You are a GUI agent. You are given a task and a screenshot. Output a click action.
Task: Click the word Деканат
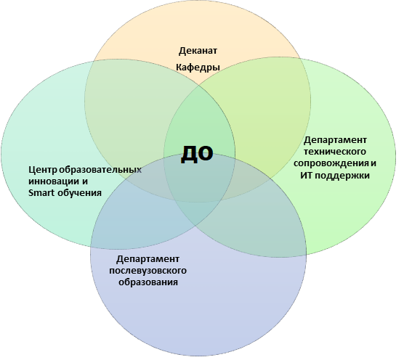click(x=198, y=52)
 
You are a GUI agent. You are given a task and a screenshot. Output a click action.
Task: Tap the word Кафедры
click(x=198, y=67)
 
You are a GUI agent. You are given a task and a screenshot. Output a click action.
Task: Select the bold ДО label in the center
click(x=197, y=154)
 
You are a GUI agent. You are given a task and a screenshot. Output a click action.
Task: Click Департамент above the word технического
click(x=335, y=141)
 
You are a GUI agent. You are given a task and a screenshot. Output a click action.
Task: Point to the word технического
click(x=335, y=151)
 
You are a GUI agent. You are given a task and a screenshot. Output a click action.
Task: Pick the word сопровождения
click(x=331, y=163)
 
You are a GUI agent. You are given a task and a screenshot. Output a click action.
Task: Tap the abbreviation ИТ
click(x=306, y=176)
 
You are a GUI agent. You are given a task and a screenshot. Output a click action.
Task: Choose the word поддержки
click(x=342, y=176)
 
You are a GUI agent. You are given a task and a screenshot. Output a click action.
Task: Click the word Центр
click(x=43, y=170)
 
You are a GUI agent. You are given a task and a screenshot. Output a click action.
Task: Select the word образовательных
click(x=100, y=170)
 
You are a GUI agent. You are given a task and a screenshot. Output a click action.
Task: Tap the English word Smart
click(x=41, y=193)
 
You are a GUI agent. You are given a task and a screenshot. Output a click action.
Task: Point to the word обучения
click(x=79, y=193)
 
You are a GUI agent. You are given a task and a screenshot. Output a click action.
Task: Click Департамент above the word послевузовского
click(x=148, y=259)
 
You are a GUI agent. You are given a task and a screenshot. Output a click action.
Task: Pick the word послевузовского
click(x=148, y=271)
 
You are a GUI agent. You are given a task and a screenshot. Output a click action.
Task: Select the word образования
click(x=148, y=282)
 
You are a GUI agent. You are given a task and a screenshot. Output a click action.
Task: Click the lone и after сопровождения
click(x=373, y=163)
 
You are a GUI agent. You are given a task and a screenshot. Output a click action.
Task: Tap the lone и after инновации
click(x=85, y=181)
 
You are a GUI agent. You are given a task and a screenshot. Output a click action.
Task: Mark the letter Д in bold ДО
click(x=189, y=155)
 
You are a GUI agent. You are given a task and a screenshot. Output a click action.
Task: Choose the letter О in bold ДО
click(x=206, y=153)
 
